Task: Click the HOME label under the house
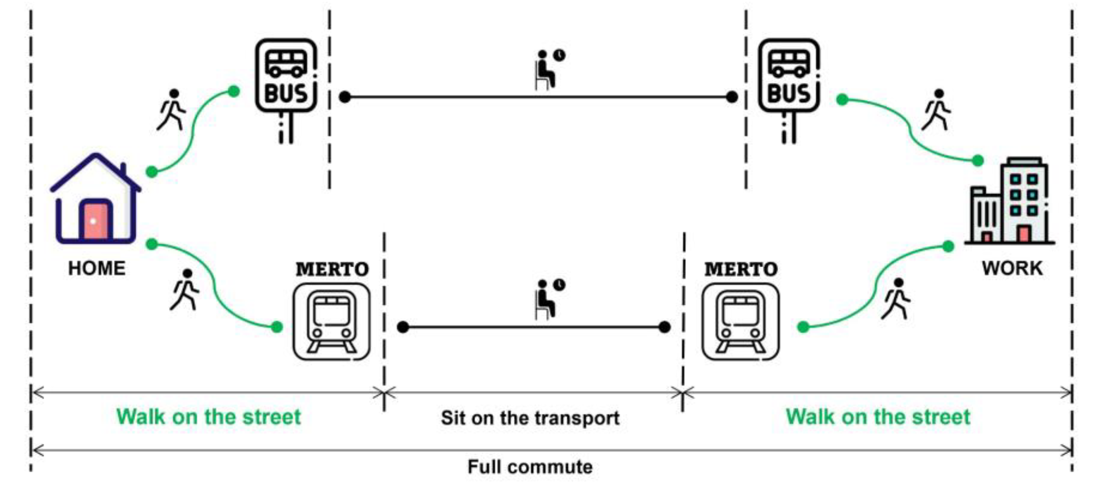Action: tap(97, 269)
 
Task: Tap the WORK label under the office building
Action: tap(1012, 269)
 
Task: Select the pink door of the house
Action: tap(95, 221)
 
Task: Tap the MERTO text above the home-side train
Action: tap(332, 269)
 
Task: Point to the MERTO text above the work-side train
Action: tap(741, 269)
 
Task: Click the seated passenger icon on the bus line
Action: tap(548, 70)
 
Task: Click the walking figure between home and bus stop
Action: tap(172, 110)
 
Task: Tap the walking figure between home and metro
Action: tap(185, 290)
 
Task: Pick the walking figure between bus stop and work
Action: tap(937, 110)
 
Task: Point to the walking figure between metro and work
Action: tap(896, 299)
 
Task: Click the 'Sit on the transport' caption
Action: tap(530, 418)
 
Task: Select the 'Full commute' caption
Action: tap(530, 467)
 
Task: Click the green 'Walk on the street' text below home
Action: tap(209, 417)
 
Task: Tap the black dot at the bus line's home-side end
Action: tap(345, 97)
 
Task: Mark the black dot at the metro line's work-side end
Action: tap(664, 327)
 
